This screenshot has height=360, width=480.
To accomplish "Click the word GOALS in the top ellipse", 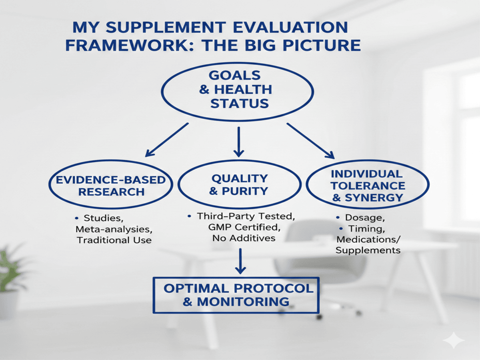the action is click(235, 76).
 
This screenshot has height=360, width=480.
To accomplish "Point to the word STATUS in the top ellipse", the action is click(240, 103).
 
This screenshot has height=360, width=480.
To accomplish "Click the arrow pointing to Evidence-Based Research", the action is click(167, 140).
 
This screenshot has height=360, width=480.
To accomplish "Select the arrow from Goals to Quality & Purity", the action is click(239, 142).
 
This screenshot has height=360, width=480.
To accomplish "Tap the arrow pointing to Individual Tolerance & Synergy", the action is click(311, 141).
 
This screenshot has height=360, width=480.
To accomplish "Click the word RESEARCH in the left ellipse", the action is click(112, 192).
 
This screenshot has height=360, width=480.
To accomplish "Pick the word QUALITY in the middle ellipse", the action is click(240, 178).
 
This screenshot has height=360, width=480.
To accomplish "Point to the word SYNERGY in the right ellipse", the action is click(374, 198).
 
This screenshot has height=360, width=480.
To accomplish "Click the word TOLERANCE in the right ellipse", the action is click(368, 186).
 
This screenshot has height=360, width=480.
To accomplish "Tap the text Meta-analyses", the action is click(114, 229).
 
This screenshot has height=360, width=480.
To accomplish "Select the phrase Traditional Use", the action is click(114, 240).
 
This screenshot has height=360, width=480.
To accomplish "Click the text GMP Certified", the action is click(244, 227).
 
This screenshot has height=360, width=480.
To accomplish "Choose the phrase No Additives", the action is click(244, 238).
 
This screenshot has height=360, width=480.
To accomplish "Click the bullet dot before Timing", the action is click(341, 229).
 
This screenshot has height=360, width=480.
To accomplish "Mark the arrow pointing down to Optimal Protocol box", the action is click(240, 261).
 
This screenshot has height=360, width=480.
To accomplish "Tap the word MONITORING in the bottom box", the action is click(243, 302).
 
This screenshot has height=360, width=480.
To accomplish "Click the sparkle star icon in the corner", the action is click(454, 340).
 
